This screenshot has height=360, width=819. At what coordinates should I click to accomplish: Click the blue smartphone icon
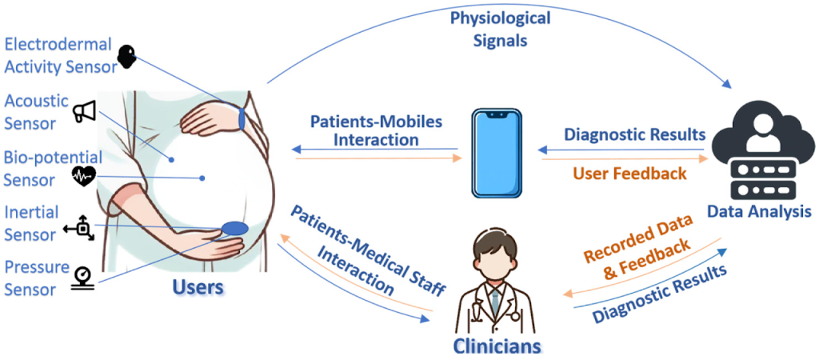[496, 153]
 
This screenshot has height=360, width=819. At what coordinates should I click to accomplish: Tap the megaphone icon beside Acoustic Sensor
[83, 111]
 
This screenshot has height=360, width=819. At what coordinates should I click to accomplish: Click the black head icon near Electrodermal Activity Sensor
[126, 57]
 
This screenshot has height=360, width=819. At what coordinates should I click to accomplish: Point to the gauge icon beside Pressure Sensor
[82, 277]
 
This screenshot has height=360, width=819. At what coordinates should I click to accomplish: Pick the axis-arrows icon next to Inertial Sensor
[78, 228]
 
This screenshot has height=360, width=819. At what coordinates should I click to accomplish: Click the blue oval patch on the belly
[234, 228]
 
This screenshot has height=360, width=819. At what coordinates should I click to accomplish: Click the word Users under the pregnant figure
[199, 287]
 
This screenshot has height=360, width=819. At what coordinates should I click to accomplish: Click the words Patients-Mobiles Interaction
[376, 130]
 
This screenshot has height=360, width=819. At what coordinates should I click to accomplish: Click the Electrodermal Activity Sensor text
[58, 55]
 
